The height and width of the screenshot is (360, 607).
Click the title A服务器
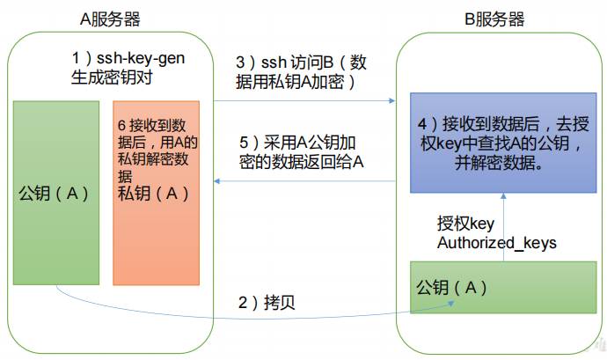pyautogui.click(x=110, y=19)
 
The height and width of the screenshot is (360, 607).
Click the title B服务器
pyautogui.click(x=494, y=19)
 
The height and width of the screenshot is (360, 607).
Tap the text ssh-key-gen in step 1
pyautogui.click(x=141, y=58)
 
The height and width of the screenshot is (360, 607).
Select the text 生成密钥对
pyautogui.click(x=112, y=77)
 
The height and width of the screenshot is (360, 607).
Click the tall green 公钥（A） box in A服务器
pyautogui.click(x=56, y=193)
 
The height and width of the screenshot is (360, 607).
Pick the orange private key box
pyautogui.click(x=157, y=193)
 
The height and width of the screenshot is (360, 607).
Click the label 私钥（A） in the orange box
pyautogui.click(x=153, y=193)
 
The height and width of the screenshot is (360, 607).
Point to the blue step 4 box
pyautogui.click(x=503, y=143)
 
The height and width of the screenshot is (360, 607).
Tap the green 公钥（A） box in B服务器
pyautogui.click(x=503, y=287)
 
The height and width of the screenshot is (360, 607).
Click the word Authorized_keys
pyautogui.click(x=497, y=243)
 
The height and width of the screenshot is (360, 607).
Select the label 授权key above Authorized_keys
pyautogui.click(x=465, y=224)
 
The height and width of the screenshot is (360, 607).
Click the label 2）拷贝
pyautogui.click(x=267, y=302)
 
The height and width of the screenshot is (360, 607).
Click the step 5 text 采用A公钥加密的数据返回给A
pyautogui.click(x=302, y=152)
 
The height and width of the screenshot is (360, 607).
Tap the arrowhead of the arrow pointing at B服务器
pyautogui.click(x=391, y=100)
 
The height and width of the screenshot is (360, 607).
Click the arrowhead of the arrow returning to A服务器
pyautogui.click(x=217, y=181)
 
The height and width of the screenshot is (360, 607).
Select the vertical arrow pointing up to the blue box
pyautogui.click(x=503, y=227)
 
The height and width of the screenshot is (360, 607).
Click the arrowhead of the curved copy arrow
pyautogui.click(x=451, y=304)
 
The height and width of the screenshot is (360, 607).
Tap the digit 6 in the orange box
pyautogui.click(x=121, y=126)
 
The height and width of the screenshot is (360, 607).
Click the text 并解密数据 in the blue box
pyautogui.click(x=499, y=163)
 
